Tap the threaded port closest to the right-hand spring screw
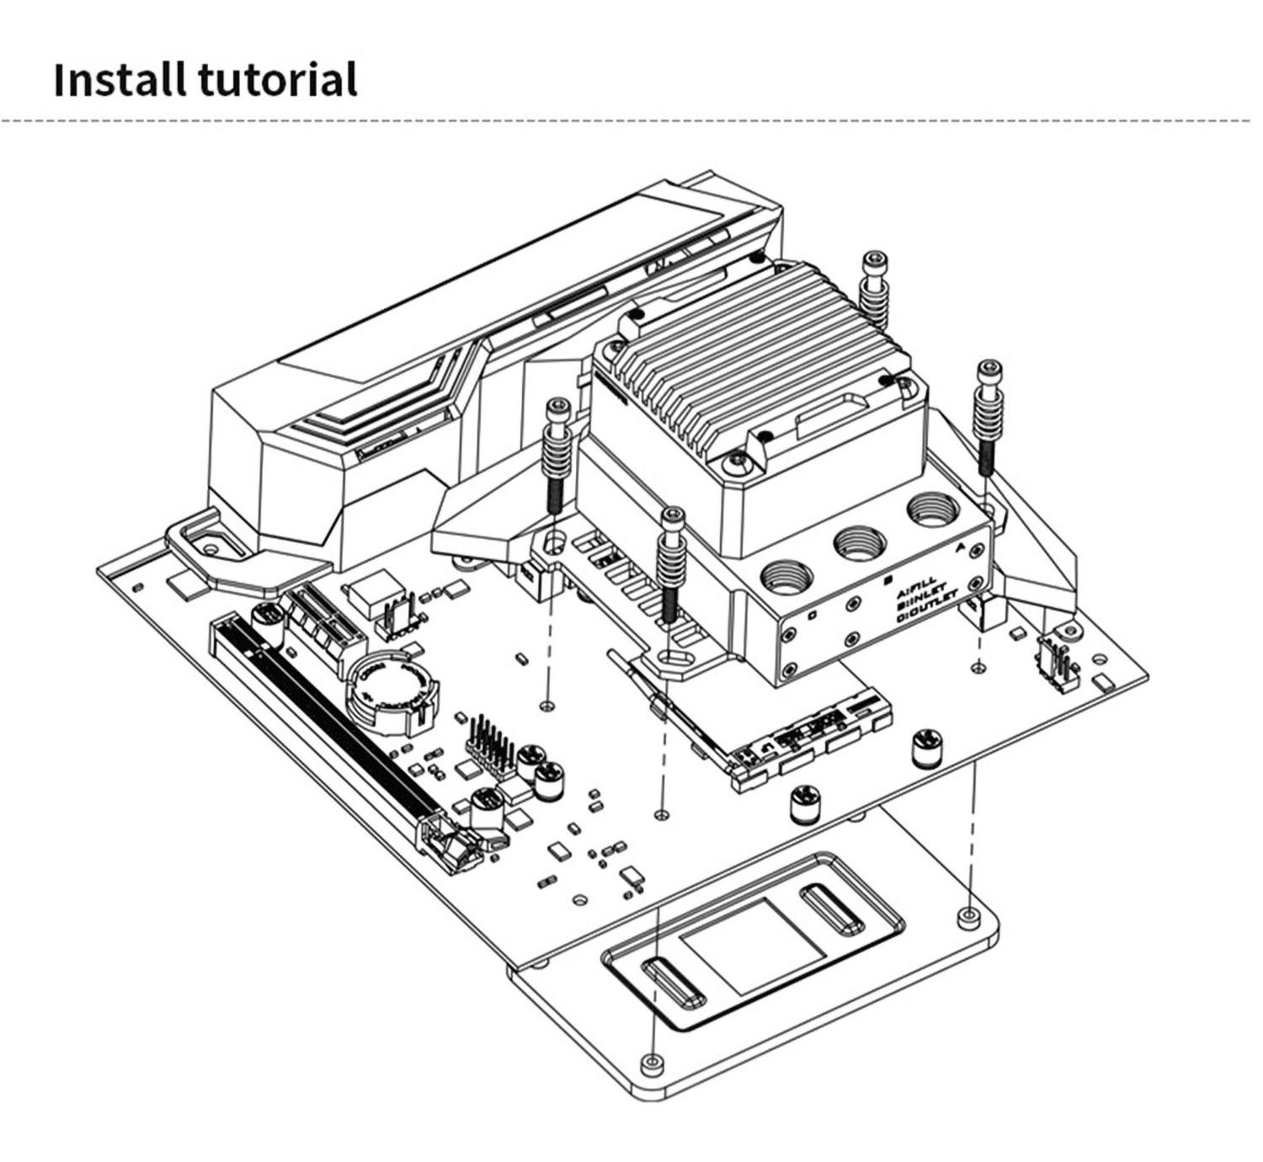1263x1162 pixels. click(930, 509)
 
